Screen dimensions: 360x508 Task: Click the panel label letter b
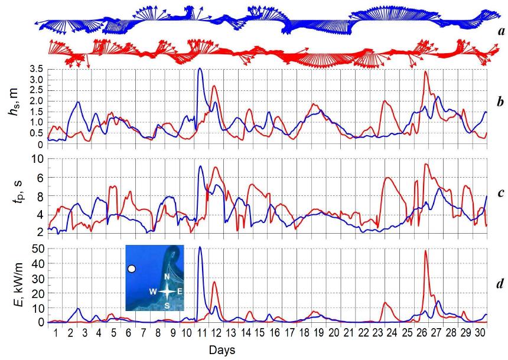[x=501, y=103]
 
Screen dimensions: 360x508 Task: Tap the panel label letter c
[x=501, y=192]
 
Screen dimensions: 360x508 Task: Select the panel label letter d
[x=501, y=284]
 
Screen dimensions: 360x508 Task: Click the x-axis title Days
[x=222, y=350]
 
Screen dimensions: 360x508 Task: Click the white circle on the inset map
[x=132, y=269]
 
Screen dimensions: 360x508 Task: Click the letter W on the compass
[x=152, y=292]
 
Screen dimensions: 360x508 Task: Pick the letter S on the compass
[x=167, y=305]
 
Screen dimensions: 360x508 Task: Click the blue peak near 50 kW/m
[x=200, y=247]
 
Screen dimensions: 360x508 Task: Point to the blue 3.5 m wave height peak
[x=200, y=69]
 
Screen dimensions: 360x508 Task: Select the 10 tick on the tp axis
[x=37, y=159]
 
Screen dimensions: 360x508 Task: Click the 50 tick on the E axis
[x=37, y=249]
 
